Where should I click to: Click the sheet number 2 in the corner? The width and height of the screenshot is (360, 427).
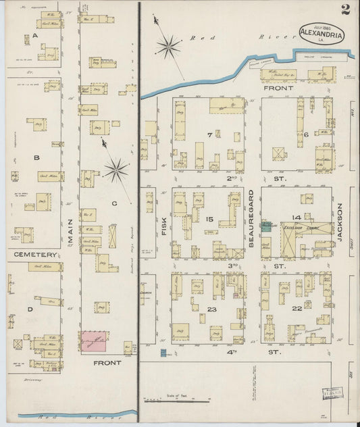click(346, 9)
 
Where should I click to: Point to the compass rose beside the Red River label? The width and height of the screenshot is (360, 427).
click(168, 47)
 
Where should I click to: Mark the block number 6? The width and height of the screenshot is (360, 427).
click(306, 134)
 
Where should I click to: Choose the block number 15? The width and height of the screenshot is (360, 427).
click(209, 219)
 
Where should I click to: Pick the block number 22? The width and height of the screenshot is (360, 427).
click(297, 309)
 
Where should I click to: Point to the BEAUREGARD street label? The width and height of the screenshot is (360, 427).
click(252, 223)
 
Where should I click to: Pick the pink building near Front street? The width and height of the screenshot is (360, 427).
click(95, 341)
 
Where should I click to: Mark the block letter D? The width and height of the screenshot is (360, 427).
click(29, 309)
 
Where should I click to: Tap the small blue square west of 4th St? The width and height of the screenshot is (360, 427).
click(162, 352)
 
